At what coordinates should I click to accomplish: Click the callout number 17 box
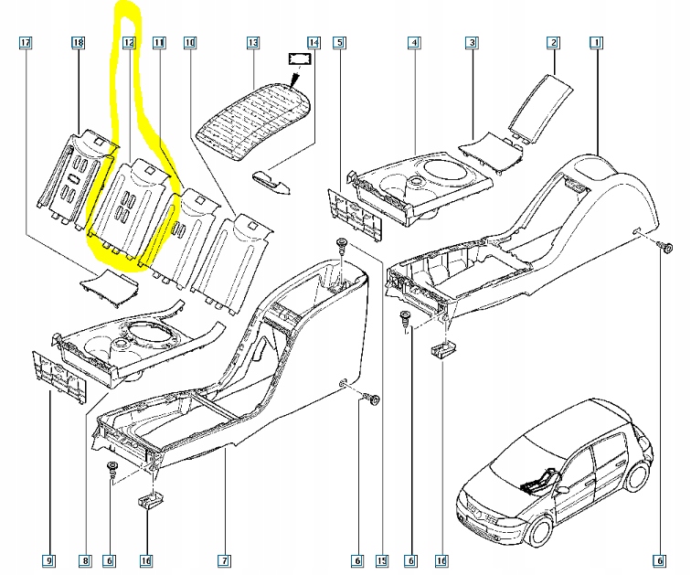coord(26,43)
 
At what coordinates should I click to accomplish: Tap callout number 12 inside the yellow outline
coord(129,43)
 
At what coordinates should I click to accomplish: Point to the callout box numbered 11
coord(159,43)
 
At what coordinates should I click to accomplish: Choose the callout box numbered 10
coord(189,43)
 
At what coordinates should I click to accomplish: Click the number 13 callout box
coord(253,43)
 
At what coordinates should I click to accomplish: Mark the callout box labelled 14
coord(314,43)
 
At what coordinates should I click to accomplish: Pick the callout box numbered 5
coord(339,43)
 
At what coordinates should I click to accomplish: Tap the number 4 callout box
coord(414,43)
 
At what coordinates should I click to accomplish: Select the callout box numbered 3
coord(472,43)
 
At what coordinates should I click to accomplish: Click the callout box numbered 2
coord(553,43)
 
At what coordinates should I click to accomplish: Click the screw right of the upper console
coord(666,247)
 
